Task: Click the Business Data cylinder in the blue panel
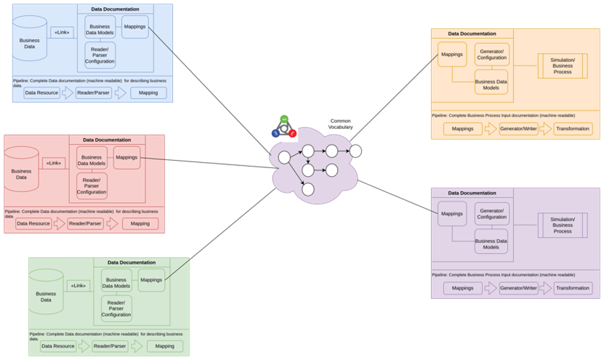(29, 41)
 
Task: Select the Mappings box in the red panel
(126, 157)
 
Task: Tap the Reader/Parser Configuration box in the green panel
(116, 308)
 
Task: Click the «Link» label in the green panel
(78, 286)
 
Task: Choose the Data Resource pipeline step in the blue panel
(42, 93)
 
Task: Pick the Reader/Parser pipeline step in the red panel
(85, 224)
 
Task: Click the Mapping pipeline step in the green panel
(164, 346)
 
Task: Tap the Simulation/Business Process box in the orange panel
(562, 66)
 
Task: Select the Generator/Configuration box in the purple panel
(492, 214)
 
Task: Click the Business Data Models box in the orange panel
(491, 82)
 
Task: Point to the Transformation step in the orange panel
(573, 129)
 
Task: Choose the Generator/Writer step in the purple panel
(518, 288)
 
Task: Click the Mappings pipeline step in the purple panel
(462, 288)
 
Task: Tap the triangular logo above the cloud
(284, 128)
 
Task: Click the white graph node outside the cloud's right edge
(355, 151)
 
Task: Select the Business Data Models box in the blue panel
(100, 30)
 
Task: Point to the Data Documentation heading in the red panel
(106, 140)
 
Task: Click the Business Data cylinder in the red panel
(21, 171)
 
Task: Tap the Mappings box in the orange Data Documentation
(452, 54)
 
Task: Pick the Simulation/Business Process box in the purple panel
(562, 225)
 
